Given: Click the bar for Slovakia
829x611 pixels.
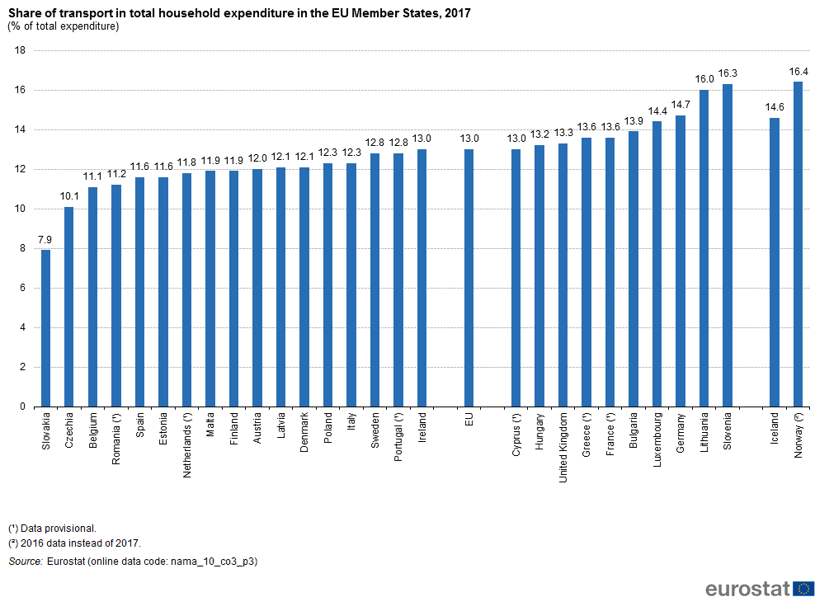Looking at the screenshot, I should tap(46, 328).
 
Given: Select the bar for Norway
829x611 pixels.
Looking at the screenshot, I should tap(798, 244).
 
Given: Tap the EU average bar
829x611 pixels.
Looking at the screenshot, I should tap(469, 278).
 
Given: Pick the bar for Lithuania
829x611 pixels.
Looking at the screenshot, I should tap(704, 248).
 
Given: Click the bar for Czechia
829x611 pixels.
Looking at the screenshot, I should tap(69, 307).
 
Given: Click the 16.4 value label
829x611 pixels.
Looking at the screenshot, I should tap(798, 72).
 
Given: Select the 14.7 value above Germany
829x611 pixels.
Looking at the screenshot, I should tap(681, 105).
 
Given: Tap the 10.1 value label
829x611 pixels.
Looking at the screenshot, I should tap(69, 196).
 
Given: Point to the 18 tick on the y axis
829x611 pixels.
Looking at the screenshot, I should tap(21, 50).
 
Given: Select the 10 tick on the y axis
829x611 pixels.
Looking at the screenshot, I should tap(21, 209).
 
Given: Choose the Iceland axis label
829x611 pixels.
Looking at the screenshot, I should tap(775, 429).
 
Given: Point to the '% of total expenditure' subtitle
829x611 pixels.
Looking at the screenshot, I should tap(64, 26).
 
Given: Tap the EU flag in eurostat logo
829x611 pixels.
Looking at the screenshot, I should tap(804, 589).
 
